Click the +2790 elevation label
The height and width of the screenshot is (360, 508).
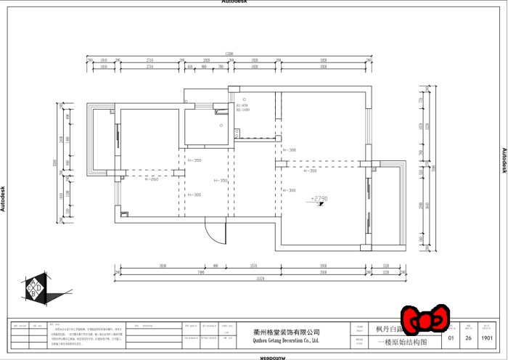(319, 197)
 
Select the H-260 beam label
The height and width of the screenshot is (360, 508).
(150, 179)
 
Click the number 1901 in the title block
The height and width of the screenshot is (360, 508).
(487, 337)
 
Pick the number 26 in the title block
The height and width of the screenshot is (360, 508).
(469, 337)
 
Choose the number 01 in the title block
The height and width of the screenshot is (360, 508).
(451, 337)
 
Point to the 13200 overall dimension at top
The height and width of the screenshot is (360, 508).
(229, 54)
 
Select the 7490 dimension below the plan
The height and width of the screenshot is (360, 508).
(179, 272)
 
